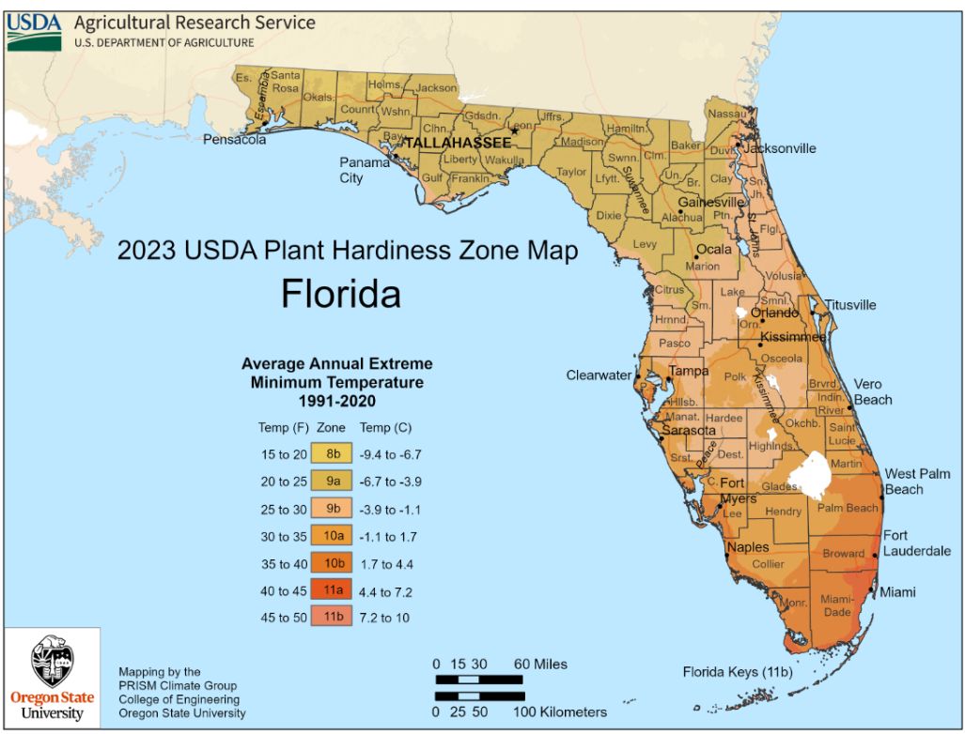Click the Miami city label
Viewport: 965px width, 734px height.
(896, 592)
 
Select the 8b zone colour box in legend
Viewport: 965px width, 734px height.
(333, 454)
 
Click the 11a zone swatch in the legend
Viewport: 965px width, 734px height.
(333, 590)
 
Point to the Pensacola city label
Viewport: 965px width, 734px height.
(234, 140)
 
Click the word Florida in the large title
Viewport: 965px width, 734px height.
(341, 294)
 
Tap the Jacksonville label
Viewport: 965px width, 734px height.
(779, 148)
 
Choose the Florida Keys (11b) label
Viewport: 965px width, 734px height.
(739, 672)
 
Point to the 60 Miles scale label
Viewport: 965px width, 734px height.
(540, 665)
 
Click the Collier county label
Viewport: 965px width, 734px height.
(768, 564)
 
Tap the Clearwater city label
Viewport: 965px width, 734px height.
(599, 375)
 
